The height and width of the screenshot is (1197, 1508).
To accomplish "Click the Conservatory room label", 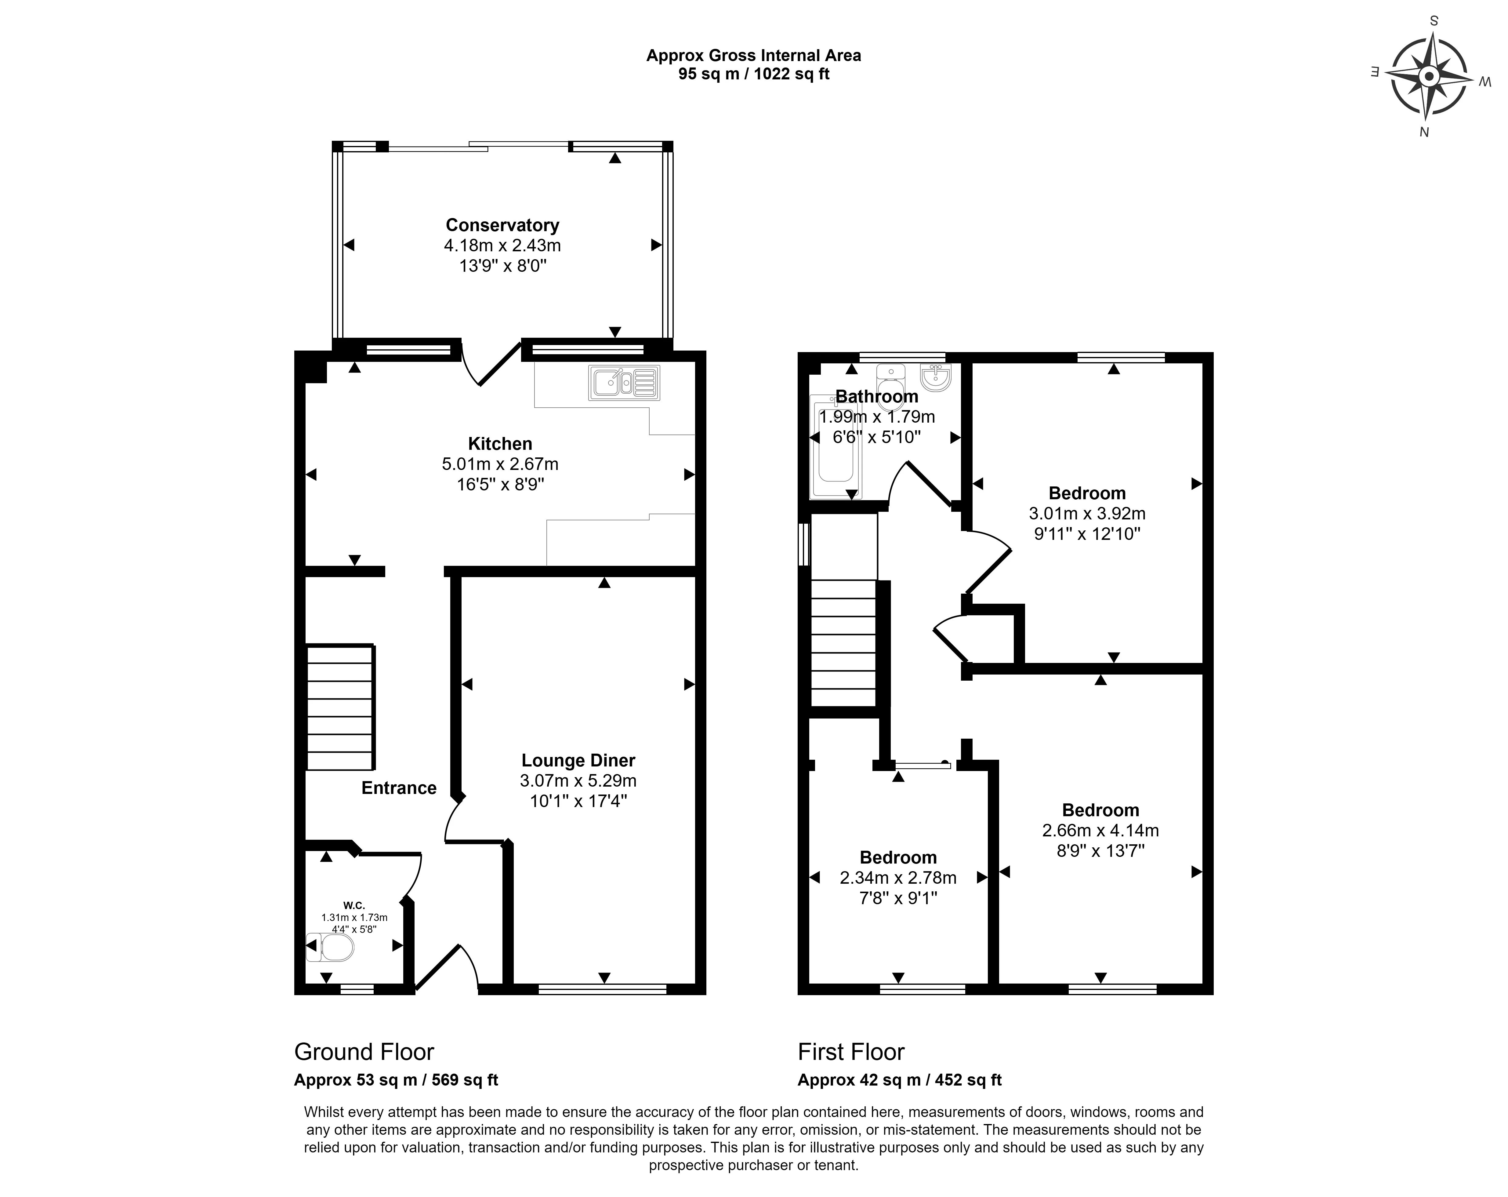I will coord(502,225).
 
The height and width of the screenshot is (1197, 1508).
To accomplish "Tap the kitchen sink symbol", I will coord(624,383).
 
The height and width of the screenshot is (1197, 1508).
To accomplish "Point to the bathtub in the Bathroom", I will coord(835,448).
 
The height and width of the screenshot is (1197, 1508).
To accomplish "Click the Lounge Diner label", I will coord(578,760).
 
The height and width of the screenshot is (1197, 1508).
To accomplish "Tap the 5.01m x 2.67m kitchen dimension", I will coord(500,464).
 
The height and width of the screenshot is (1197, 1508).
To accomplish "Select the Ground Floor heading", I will coord(364,1051).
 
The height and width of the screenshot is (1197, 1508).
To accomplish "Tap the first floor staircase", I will coord(843,644).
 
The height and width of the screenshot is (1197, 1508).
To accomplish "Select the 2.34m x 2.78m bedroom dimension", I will coord(898,877).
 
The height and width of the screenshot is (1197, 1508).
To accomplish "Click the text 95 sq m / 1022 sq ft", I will coord(753,74).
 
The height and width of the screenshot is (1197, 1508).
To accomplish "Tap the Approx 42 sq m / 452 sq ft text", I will coord(900,1079).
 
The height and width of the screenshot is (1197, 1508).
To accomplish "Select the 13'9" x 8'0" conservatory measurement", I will coord(502,266).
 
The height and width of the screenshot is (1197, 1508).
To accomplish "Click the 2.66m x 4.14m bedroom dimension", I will coord(1100,830).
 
